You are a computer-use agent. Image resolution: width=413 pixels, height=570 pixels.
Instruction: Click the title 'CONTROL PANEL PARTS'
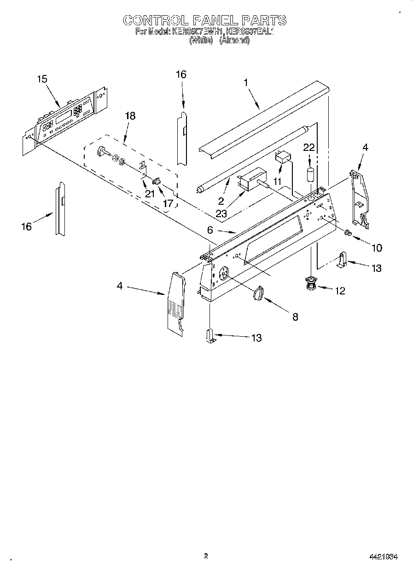point(205,20)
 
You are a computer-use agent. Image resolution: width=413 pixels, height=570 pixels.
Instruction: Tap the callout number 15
point(42,79)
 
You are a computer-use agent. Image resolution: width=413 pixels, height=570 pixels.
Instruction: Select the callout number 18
point(130,116)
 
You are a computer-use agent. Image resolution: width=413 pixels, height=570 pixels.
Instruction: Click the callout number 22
point(309,147)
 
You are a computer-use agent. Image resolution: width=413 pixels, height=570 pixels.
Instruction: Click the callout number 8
point(295,317)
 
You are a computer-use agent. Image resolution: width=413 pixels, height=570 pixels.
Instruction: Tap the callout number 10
point(376,248)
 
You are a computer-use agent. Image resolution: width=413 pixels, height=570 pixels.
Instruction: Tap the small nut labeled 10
point(348,234)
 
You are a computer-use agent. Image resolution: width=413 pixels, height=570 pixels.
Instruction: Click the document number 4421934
point(383,557)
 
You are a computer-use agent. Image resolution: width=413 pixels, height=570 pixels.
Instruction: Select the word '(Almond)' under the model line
point(234,40)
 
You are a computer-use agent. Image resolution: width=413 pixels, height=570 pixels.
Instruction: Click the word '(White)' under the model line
point(201,40)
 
